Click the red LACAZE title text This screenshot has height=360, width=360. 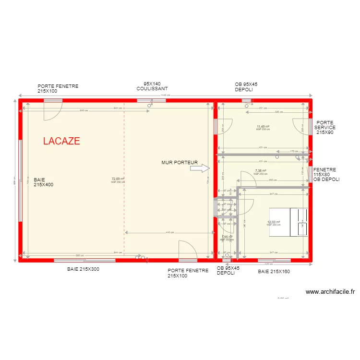pos(61,141)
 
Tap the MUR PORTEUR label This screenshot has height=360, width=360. pos(180,163)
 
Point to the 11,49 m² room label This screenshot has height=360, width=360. pos(263,127)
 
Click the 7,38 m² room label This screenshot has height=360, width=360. pos(261,171)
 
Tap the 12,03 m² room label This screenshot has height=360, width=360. pos(273,222)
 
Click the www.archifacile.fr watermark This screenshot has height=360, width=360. pos(330,291)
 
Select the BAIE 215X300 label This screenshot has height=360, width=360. pos(83,269)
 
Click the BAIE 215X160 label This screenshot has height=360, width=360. pos(274,272)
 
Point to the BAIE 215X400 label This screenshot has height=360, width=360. pos(43,182)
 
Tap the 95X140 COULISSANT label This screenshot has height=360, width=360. pos(152,86)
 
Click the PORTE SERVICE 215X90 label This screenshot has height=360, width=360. pos(325,128)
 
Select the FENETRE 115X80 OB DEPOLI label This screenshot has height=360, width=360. pos(326,175)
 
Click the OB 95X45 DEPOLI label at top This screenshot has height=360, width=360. pos(246,87)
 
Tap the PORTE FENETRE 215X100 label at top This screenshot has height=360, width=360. pos(58,89)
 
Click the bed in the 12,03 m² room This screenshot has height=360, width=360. pos(288,222)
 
